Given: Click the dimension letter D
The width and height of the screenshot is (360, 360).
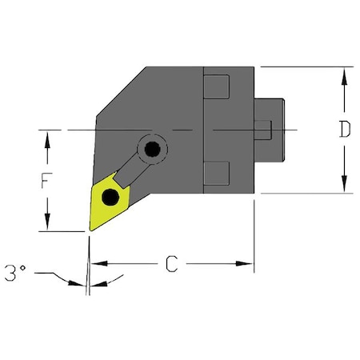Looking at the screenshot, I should click(x=344, y=130).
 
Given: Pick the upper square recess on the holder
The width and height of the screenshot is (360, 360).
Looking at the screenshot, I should click(x=217, y=86).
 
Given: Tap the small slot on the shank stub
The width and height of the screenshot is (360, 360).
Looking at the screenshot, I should click(x=266, y=129).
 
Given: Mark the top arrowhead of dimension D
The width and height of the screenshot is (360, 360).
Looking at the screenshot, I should click(x=344, y=74).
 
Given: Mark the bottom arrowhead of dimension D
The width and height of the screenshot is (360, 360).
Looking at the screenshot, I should click(x=344, y=186).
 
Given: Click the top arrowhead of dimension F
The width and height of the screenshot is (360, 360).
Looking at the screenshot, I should click(x=49, y=138).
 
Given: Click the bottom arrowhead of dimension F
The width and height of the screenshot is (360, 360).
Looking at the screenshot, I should click(x=49, y=225).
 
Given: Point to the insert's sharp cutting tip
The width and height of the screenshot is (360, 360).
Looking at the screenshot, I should click(x=88, y=230).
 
